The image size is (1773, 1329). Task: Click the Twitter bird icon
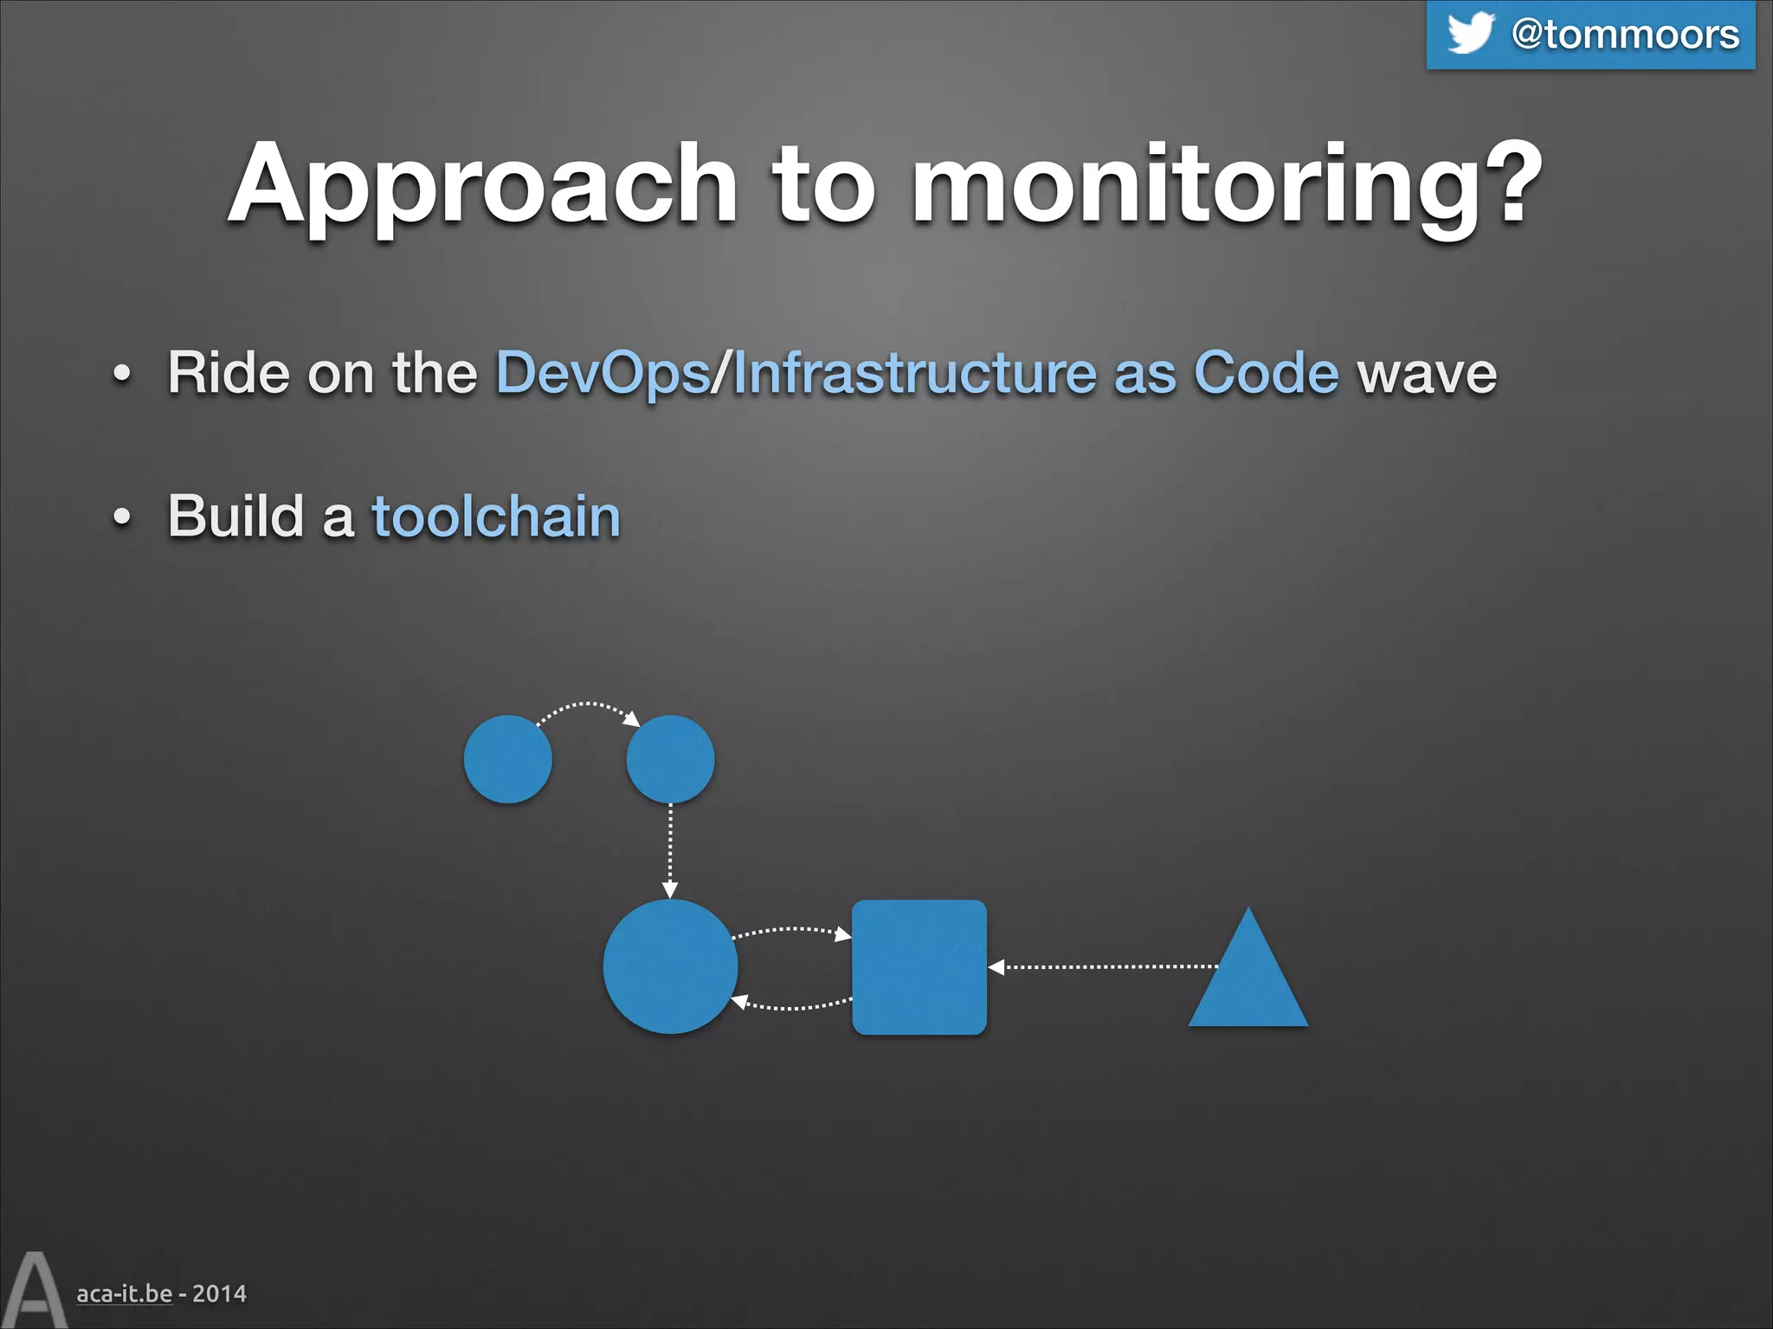click(x=1470, y=33)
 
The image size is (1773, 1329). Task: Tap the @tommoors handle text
click(x=1625, y=35)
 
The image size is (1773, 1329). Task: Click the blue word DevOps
click(x=603, y=374)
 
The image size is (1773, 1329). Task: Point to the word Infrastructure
click(x=914, y=374)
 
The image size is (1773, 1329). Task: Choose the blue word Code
click(x=1266, y=374)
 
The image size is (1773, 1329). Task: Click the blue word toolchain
click(x=496, y=517)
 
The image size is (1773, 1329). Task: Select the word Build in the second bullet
click(x=235, y=517)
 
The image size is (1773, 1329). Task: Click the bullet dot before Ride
click(x=122, y=375)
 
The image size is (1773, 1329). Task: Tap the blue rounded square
click(x=919, y=967)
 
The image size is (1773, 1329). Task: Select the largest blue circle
click(x=670, y=966)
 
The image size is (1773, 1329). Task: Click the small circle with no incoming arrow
click(x=507, y=759)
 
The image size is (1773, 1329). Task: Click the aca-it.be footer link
click(x=124, y=1294)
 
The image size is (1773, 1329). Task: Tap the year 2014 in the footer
click(x=219, y=1294)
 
